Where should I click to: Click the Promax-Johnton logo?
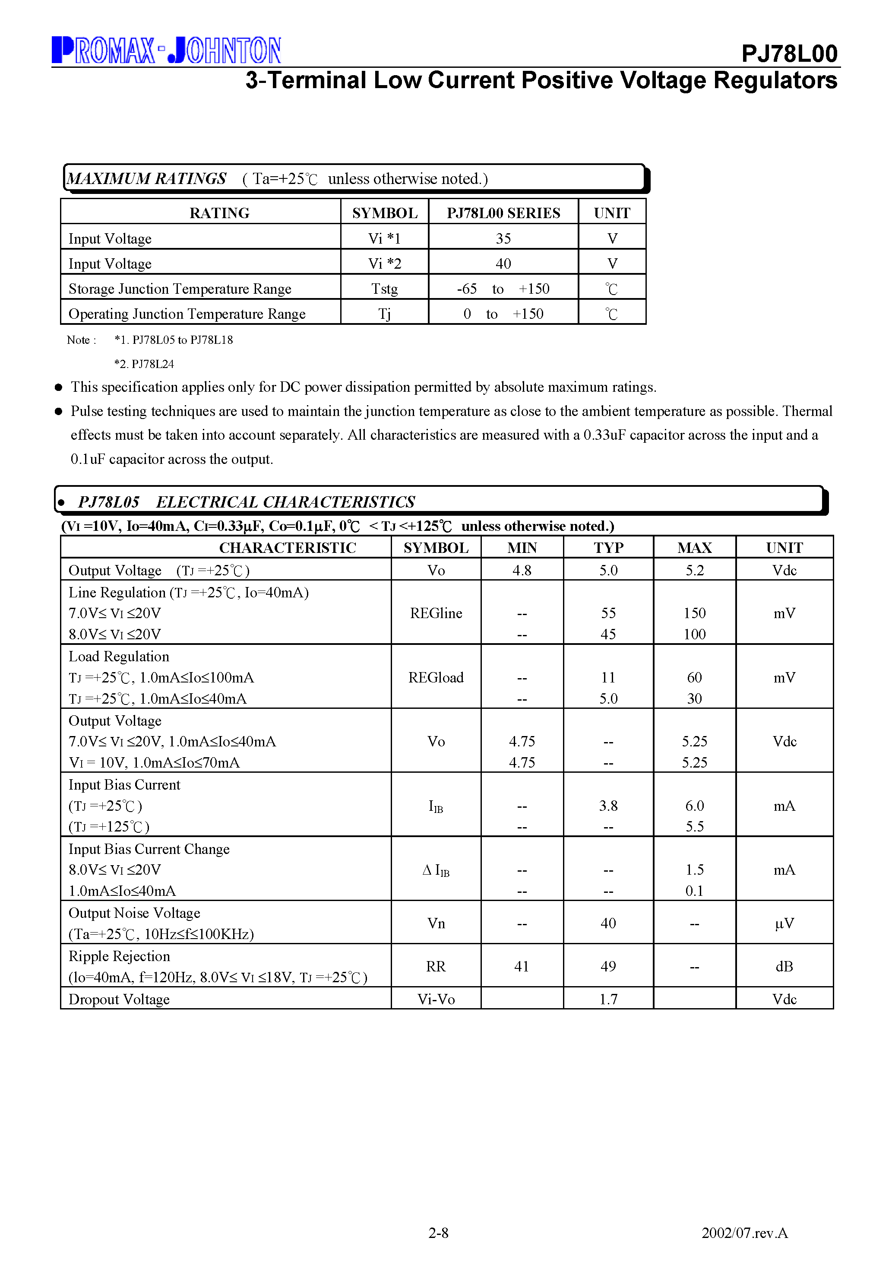166,50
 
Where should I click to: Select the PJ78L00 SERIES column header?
503,213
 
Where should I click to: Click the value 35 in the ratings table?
503,238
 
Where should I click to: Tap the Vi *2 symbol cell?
384,263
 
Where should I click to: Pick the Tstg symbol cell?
384,289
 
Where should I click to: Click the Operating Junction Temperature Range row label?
187,314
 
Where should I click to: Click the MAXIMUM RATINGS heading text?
146,179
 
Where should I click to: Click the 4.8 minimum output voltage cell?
522,571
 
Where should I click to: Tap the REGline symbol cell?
436,613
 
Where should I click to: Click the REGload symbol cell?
436,677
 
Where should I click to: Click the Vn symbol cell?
436,923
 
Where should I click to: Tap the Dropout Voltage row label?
119,999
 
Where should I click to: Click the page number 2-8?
438,1233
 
